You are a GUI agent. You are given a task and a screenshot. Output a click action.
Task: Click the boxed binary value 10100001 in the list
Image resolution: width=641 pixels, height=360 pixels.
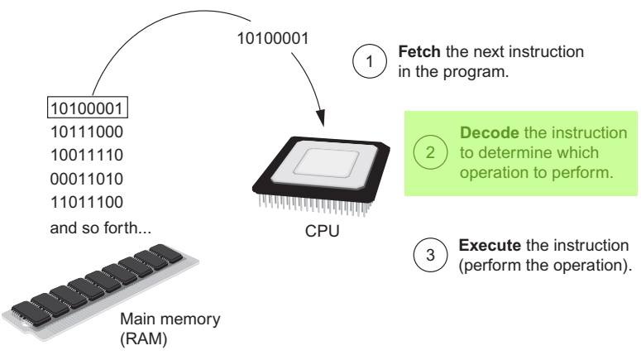coord(87,108)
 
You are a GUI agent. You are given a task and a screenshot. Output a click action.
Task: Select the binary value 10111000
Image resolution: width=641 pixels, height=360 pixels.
coord(87,132)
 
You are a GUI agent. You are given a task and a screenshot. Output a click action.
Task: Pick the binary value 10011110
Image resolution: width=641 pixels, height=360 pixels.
coord(87,155)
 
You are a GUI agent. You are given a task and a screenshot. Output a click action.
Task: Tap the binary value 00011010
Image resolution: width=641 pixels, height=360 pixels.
coord(87,178)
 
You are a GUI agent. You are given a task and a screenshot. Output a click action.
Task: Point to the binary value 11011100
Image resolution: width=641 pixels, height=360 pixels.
coord(87,201)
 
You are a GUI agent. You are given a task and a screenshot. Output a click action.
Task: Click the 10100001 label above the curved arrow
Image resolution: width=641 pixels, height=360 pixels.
coord(270,39)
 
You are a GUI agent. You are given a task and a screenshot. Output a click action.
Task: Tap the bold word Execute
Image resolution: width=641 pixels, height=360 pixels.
coord(485,247)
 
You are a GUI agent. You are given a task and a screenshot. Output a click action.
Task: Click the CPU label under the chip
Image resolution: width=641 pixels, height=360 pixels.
coord(321,233)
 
